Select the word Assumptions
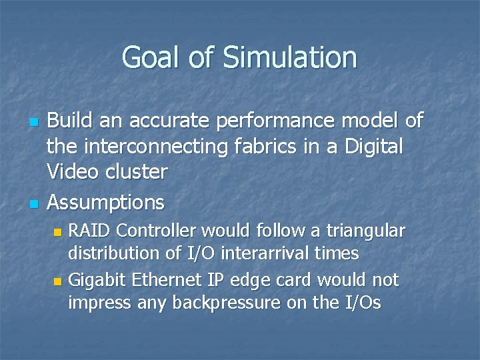(x=106, y=201)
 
